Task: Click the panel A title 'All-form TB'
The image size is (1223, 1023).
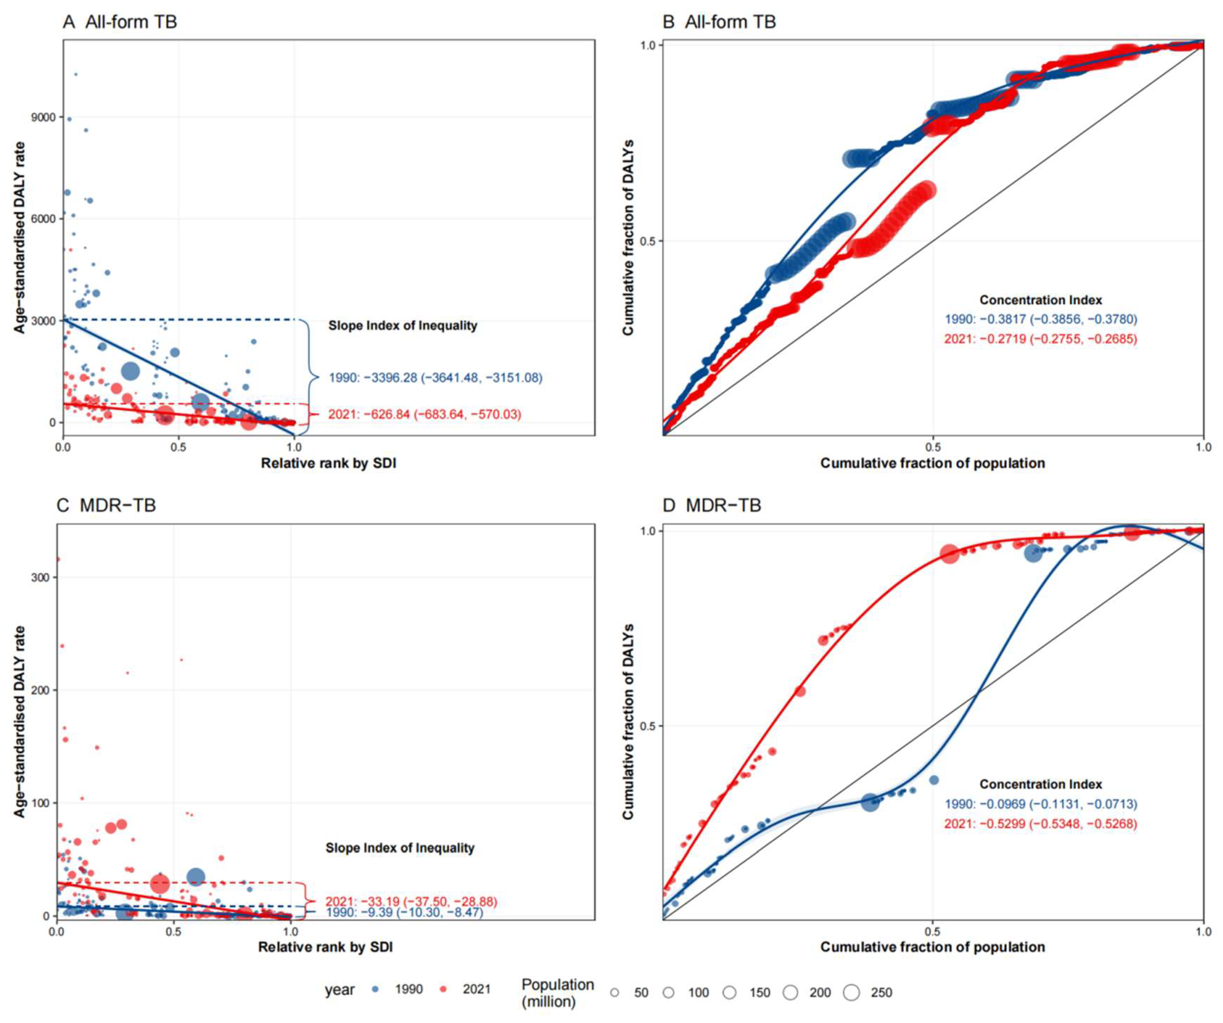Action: pyautogui.click(x=131, y=22)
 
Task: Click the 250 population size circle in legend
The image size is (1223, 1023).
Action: pyautogui.click(x=851, y=993)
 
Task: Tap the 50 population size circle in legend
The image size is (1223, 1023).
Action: pyautogui.click(x=614, y=993)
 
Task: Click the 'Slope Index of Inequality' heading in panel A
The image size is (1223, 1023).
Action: pyautogui.click(x=403, y=326)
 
